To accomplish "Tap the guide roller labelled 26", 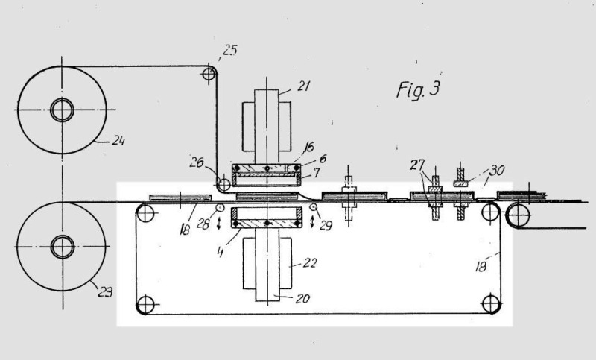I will coord(223,183).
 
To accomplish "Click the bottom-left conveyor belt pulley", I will coord(145,304).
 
